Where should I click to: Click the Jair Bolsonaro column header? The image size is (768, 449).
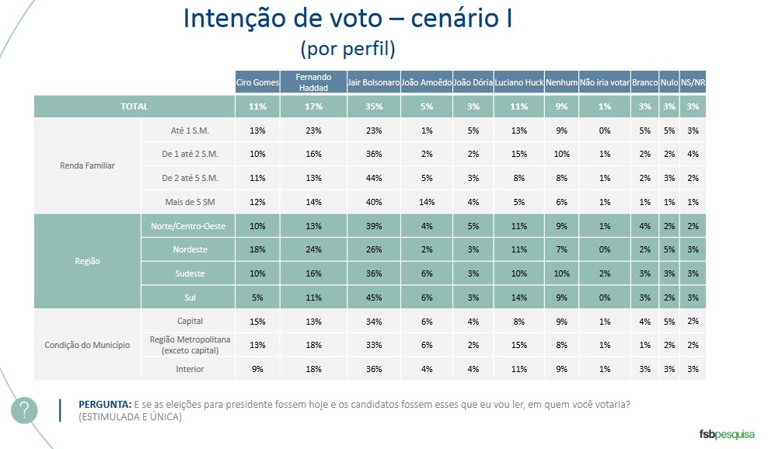[x=373, y=82]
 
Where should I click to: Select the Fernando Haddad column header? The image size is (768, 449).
[x=313, y=82]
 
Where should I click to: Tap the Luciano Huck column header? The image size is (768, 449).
[x=518, y=82]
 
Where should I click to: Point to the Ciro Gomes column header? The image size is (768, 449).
[x=257, y=82]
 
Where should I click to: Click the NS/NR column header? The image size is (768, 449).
[x=693, y=82]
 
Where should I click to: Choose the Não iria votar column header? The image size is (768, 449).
[x=604, y=82]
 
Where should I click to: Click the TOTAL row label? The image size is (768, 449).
[x=134, y=106]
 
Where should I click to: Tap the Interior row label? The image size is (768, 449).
[x=190, y=369]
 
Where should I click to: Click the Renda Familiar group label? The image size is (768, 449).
[x=87, y=165]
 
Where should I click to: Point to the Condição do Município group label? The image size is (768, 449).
[x=86, y=345]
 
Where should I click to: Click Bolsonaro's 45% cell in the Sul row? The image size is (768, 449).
[x=373, y=297]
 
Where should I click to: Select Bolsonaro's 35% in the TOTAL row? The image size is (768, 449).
[x=373, y=106]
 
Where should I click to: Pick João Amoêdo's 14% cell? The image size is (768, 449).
[x=426, y=202]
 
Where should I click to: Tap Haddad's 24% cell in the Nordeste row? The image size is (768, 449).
[x=313, y=249]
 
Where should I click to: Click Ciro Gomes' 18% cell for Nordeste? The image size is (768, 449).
[x=257, y=249]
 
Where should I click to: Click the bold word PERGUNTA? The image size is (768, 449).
[x=104, y=405]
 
